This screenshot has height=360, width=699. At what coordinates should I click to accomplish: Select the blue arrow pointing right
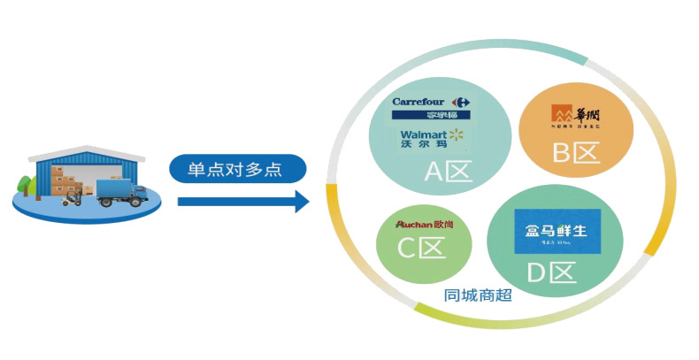[242, 202]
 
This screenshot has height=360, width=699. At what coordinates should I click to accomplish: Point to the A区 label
[449, 170]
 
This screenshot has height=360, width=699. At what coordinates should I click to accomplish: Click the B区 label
[576, 154]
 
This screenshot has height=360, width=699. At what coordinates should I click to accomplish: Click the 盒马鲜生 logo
[557, 233]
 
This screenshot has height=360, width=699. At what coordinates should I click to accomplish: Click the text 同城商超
[478, 295]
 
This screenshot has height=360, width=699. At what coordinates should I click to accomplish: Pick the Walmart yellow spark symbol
[456, 134]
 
